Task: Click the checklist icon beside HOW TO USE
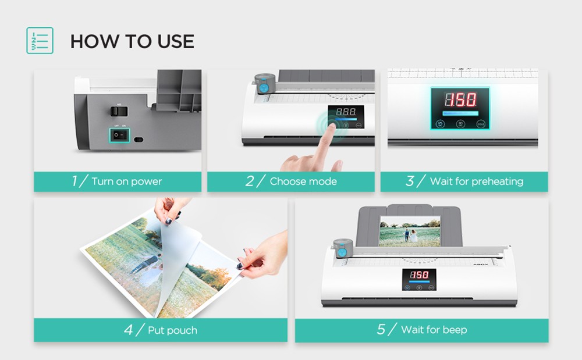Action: (x=40, y=41)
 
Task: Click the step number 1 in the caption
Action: (x=74, y=181)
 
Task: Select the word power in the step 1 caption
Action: (x=146, y=181)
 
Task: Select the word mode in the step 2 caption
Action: (x=324, y=181)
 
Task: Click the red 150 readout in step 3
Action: (x=460, y=98)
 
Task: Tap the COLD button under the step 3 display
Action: (x=480, y=123)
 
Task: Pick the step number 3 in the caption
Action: (x=410, y=181)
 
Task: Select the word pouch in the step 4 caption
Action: (x=181, y=330)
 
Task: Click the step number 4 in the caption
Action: (x=129, y=330)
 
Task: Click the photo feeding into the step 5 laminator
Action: (x=410, y=231)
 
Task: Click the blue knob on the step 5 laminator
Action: (x=343, y=251)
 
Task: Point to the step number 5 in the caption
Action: (x=381, y=330)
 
